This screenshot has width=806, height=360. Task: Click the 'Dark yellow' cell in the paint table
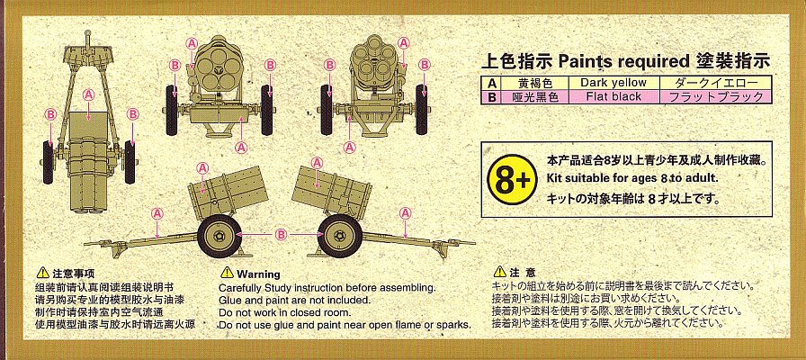tap(613, 83)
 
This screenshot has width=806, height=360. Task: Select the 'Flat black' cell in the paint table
tap(613, 96)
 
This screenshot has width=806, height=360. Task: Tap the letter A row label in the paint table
tap(490, 84)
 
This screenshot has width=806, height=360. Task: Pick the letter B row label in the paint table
tap(490, 97)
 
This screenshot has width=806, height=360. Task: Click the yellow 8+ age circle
tap(512, 179)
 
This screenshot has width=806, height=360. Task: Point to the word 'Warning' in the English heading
tap(258, 274)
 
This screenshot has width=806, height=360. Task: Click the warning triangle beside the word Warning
tap(227, 273)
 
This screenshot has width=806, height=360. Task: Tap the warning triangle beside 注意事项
tap(43, 273)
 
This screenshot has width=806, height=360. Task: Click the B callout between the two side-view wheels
tap(280, 235)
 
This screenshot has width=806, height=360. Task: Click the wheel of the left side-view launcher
tap(219, 236)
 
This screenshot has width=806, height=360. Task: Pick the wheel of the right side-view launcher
tap(340, 236)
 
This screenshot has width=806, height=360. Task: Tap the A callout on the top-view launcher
tap(88, 94)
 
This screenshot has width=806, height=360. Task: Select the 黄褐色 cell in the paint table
tap(533, 84)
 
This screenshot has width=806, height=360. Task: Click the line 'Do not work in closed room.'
tap(285, 312)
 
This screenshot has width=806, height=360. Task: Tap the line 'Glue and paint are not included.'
tap(294, 300)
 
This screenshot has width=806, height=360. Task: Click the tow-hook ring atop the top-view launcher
tap(88, 35)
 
